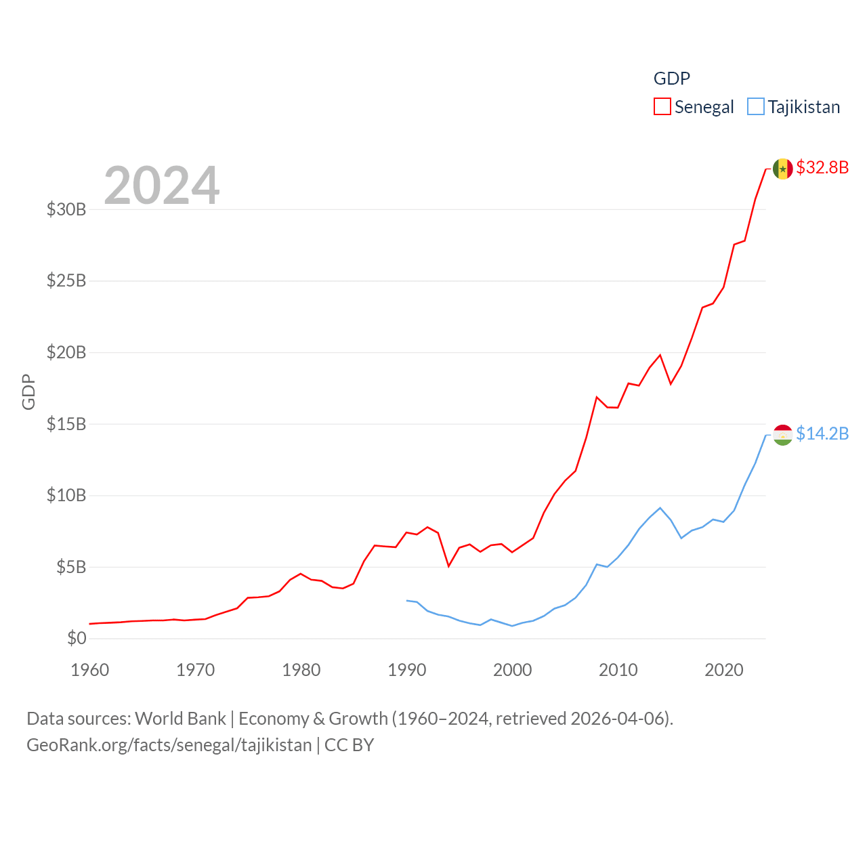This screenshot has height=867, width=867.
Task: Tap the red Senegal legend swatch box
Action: [662, 107]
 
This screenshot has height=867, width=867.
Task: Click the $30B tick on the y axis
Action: [66, 209]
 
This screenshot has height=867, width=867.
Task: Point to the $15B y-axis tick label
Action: [66, 424]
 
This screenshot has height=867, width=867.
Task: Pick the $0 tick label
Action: [77, 638]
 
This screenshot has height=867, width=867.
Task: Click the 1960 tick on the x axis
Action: [90, 670]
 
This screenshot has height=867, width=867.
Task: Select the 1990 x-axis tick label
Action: [407, 670]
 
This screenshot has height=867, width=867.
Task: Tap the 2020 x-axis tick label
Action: [724, 670]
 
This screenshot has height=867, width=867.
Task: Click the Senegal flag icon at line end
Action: [783, 169]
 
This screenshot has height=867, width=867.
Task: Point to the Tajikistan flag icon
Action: [783, 435]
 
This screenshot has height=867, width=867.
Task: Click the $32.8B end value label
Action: [822, 167]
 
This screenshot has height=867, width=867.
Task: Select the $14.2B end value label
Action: [822, 433]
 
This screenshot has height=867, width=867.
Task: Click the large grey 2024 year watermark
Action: [162, 186]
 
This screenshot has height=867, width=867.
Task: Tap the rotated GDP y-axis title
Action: [28, 392]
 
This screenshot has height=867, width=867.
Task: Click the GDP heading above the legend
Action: [671, 79]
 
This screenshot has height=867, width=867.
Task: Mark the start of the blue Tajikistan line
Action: [407, 600]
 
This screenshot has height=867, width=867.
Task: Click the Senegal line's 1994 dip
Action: [448, 566]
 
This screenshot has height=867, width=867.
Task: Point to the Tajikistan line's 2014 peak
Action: [660, 508]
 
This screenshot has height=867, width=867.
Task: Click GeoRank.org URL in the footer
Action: [169, 745]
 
